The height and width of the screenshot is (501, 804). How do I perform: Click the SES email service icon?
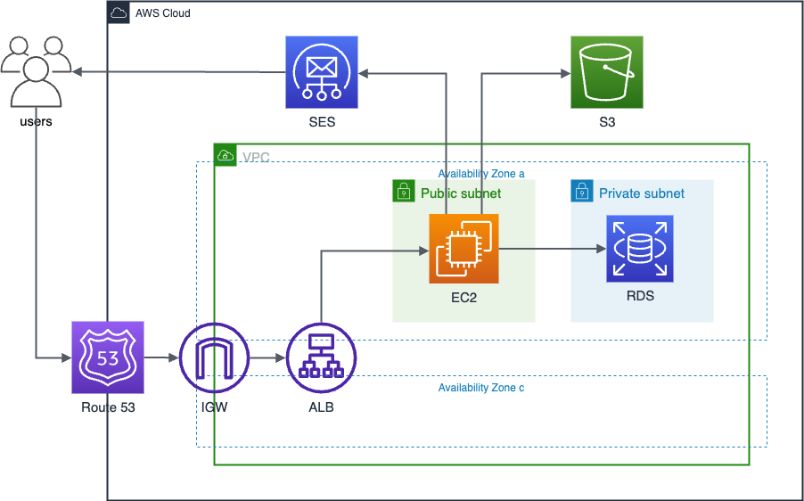[x=322, y=71]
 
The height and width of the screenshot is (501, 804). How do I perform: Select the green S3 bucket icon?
[x=606, y=71]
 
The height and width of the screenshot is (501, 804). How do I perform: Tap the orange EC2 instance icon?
[x=464, y=250]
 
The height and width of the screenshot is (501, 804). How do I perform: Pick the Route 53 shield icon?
[x=107, y=357]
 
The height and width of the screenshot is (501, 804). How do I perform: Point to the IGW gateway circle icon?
[x=215, y=357]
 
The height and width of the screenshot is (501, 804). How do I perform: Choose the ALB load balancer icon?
[x=321, y=357]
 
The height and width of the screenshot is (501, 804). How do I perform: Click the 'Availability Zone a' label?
[x=481, y=174]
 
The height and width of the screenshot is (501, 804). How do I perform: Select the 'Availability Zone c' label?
[x=481, y=388]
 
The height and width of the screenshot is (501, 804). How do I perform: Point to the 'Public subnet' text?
[x=461, y=193]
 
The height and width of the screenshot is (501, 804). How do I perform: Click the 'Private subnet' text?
[x=642, y=193]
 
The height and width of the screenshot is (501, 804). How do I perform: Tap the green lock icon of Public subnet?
[x=404, y=191]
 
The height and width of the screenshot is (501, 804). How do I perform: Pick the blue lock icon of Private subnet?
[x=582, y=191]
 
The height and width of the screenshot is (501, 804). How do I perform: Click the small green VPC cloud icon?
[x=226, y=155]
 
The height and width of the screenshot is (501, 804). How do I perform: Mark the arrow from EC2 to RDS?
[x=553, y=250]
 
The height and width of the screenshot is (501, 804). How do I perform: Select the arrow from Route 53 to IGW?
[x=160, y=357]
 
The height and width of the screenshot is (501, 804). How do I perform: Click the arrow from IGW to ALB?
[x=267, y=357]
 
